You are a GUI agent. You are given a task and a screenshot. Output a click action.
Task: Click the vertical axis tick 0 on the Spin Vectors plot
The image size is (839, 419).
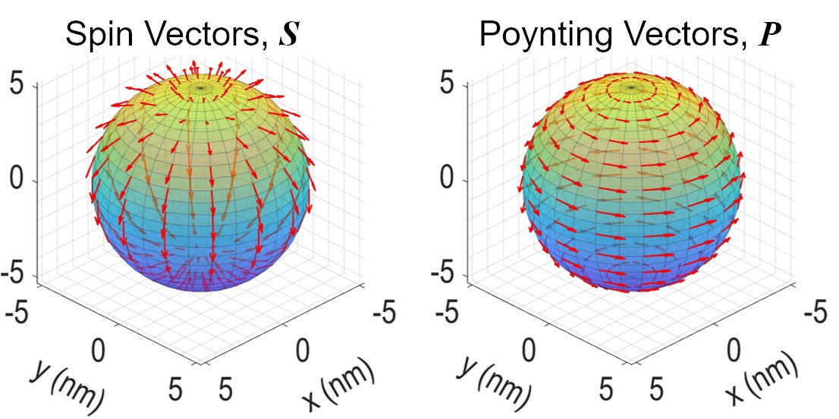(20, 180)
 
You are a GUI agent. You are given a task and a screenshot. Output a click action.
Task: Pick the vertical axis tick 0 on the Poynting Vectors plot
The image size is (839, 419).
(448, 180)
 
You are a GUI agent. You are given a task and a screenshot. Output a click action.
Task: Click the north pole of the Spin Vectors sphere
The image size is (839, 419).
(200, 87)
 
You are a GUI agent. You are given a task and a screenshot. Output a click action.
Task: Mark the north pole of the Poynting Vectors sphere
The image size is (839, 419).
(629, 87)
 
